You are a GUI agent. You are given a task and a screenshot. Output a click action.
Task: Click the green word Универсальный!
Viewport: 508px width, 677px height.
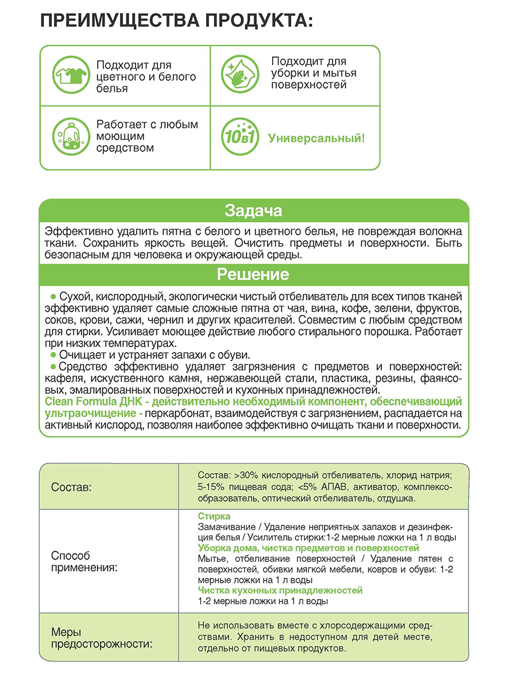coord(316,138)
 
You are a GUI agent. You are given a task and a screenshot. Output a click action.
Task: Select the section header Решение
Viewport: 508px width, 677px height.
coord(253,275)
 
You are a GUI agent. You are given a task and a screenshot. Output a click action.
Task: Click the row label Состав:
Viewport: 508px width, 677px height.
coord(71,487)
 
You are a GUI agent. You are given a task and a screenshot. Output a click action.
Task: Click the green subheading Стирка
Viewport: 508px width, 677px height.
coord(214,516)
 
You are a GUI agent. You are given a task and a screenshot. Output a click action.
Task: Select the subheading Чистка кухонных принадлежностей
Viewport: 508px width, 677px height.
coord(280,590)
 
